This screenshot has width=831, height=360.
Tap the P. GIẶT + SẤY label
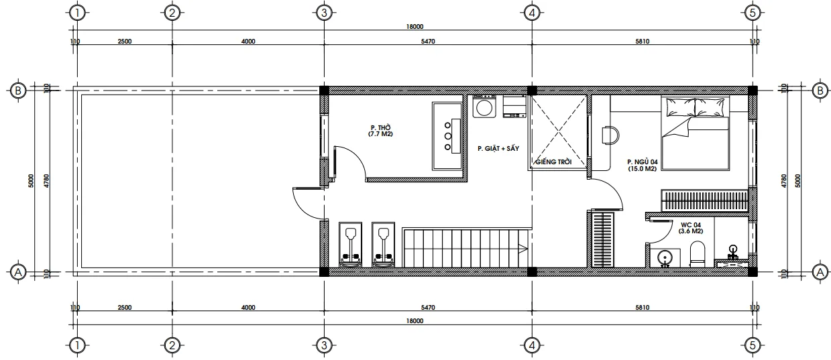point(498,149)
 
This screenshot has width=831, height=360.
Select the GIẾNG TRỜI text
point(553,162)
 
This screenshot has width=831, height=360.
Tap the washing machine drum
point(484,108)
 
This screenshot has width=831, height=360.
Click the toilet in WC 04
point(698,254)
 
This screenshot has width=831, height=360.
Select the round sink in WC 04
point(665,257)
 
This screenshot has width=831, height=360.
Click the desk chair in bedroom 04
point(610,135)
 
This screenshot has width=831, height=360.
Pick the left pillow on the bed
point(681,107)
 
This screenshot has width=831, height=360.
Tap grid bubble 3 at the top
point(324,13)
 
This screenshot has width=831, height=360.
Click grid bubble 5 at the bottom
point(753,345)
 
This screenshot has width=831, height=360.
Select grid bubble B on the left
point(18,91)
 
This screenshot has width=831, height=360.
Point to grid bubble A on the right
point(820,272)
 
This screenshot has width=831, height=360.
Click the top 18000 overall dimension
point(414,27)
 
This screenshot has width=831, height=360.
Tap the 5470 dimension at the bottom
point(428,307)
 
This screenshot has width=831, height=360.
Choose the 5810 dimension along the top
point(642,42)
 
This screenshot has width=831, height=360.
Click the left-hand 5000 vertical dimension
point(31,181)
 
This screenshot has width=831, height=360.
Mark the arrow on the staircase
point(523,249)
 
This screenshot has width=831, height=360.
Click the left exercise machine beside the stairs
point(350,245)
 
